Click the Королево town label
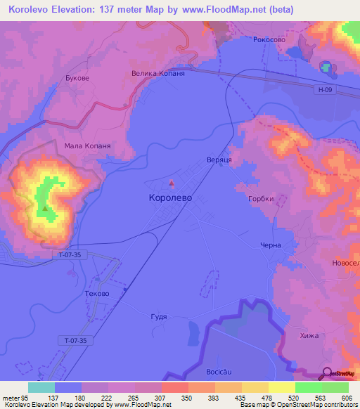[170, 198]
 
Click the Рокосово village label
[269, 40]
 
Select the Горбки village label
[261, 199]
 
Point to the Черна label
[271, 245]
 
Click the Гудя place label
[160, 317]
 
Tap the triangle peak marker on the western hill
[46, 208]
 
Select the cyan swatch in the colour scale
[41, 387]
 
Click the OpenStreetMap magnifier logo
[327, 373]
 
